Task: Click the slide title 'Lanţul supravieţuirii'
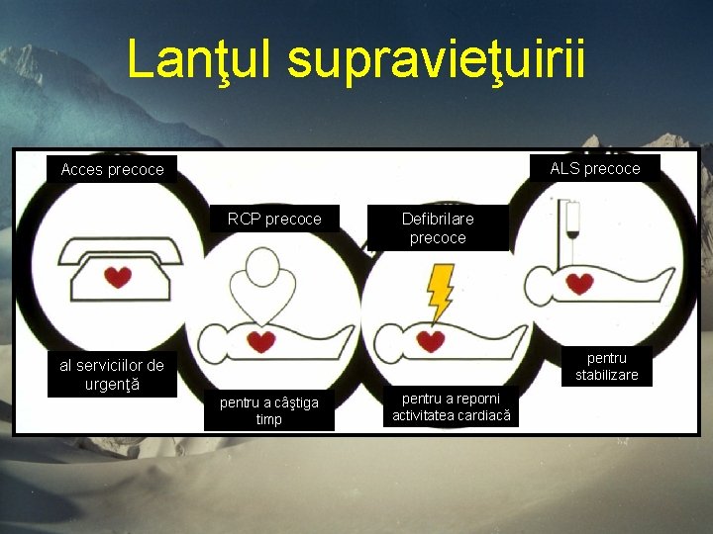click(356, 60)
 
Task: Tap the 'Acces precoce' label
click(112, 170)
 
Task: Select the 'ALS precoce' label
click(595, 168)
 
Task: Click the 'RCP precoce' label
click(274, 219)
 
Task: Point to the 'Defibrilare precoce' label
click(437, 228)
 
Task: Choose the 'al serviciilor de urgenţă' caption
click(112, 375)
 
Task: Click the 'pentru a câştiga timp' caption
click(269, 410)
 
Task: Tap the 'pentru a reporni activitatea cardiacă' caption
click(452, 406)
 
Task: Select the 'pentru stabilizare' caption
click(607, 366)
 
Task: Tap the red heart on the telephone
click(118, 278)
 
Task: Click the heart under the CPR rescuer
click(261, 341)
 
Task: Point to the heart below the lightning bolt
click(430, 341)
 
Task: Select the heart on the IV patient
click(580, 284)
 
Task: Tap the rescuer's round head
click(263, 266)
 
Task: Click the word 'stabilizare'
click(607, 375)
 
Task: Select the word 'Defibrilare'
click(437, 219)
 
